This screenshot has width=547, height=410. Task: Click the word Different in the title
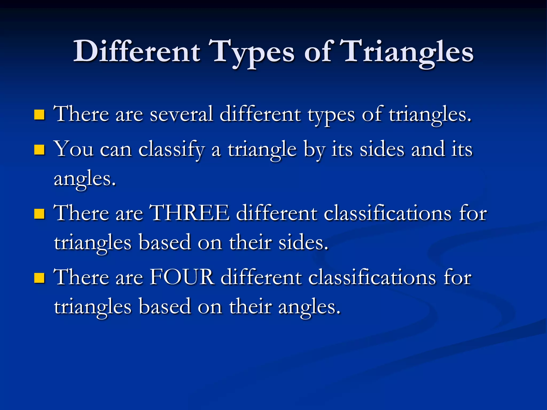(137, 51)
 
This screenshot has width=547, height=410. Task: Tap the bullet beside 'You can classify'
(39, 150)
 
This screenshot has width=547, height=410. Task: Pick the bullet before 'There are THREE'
(39, 214)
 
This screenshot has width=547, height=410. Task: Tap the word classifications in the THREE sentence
(387, 214)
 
